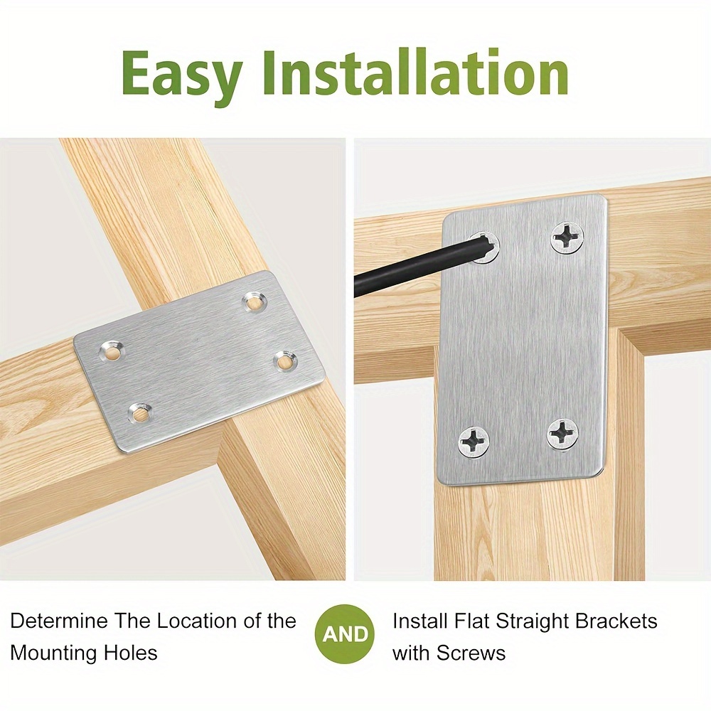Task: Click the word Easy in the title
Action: pos(181,75)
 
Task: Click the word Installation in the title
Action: pos(415,72)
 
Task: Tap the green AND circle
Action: pos(346,634)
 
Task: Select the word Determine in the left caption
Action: pos(59,620)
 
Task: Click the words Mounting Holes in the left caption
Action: pos(84,653)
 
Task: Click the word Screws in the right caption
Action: pos(471,653)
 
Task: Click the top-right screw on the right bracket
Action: pos(567,237)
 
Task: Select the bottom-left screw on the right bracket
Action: pos(474,442)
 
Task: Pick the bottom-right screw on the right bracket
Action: pos(562,434)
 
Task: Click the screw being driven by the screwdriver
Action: pos(484,247)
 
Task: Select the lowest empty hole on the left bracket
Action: pos(139,412)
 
